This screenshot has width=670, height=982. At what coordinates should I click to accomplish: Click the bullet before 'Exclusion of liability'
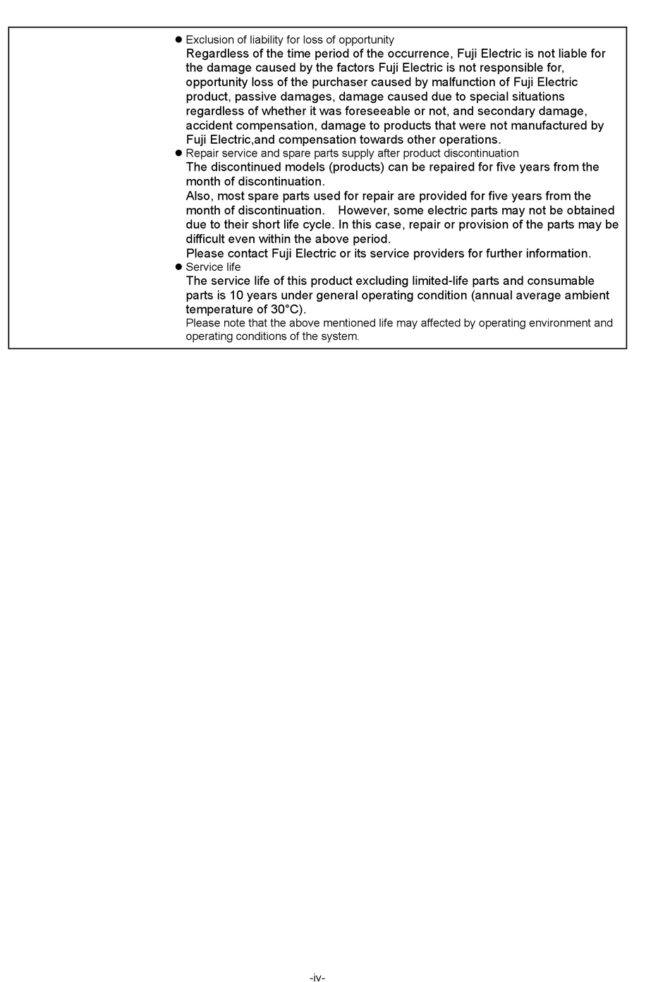(178, 39)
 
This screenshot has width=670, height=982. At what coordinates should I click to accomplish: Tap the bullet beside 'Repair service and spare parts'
(178, 153)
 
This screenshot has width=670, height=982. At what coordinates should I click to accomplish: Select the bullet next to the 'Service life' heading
(178, 266)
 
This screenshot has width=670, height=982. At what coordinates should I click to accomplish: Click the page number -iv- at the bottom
(317, 977)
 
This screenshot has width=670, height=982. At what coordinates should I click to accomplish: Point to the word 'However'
(363, 211)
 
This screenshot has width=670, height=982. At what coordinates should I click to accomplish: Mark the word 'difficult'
(205, 239)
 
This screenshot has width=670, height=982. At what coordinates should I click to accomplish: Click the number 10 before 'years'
(236, 295)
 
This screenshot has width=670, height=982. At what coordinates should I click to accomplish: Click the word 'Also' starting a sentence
(198, 196)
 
